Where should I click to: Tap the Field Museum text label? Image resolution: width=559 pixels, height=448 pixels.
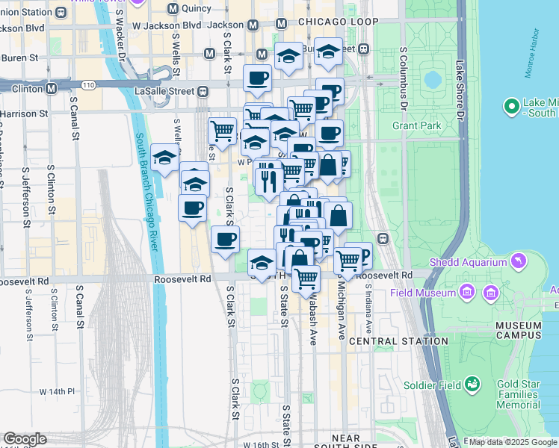(x=422, y=293)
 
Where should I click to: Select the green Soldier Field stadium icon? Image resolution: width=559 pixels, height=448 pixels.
(x=472, y=385)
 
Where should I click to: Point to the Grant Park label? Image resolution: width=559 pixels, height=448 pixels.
(x=417, y=125)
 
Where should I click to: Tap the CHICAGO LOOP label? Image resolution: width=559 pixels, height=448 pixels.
(x=339, y=22)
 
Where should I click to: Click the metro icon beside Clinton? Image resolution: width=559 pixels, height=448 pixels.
(x=52, y=88)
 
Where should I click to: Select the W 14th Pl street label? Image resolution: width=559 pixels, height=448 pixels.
(x=58, y=391)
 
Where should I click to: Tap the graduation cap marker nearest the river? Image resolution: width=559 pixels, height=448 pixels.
(x=164, y=157)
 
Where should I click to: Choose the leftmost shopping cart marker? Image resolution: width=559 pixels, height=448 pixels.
(x=222, y=131)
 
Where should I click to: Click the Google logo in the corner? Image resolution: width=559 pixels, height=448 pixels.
(x=25, y=439)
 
